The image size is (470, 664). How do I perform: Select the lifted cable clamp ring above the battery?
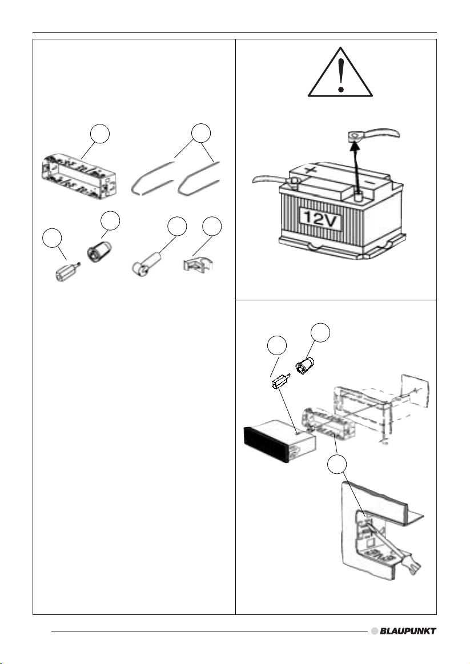354,136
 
